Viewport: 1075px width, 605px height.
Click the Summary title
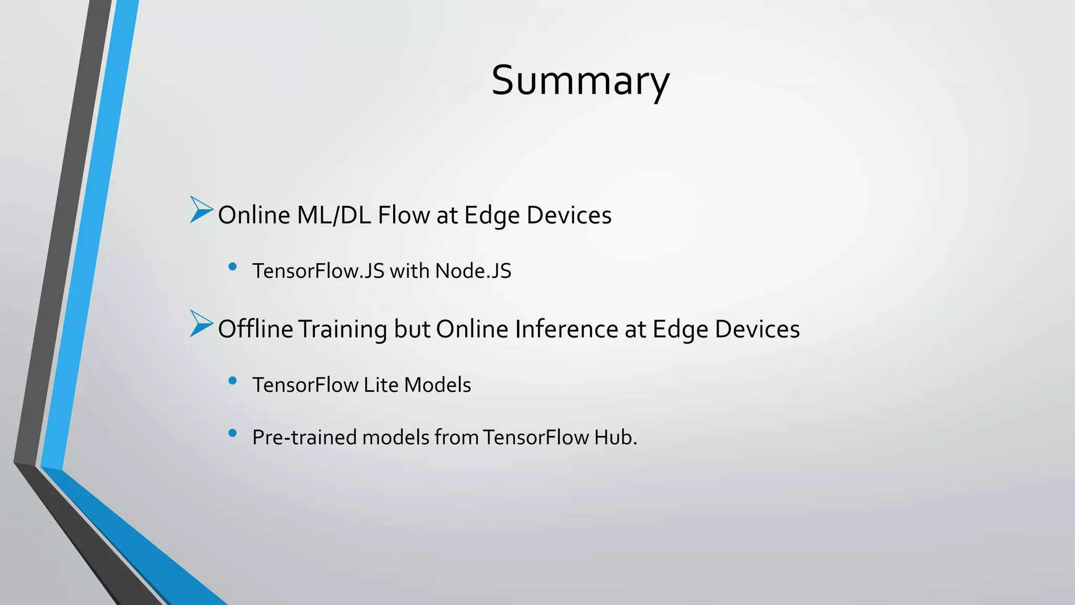[580, 80]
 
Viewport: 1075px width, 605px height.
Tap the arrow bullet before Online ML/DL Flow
[201, 210]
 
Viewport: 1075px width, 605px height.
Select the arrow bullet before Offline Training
[201, 324]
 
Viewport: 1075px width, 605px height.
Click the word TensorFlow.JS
[318, 271]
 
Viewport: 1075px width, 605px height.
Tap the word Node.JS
[473, 271]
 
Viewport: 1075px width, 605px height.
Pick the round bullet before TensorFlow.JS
[233, 267]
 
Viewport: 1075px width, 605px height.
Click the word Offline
[255, 329]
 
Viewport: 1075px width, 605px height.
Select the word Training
[343, 329]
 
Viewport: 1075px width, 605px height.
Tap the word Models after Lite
[437, 385]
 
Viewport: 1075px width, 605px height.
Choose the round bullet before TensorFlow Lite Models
[233, 381]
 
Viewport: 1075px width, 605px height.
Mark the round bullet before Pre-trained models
[233, 433]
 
